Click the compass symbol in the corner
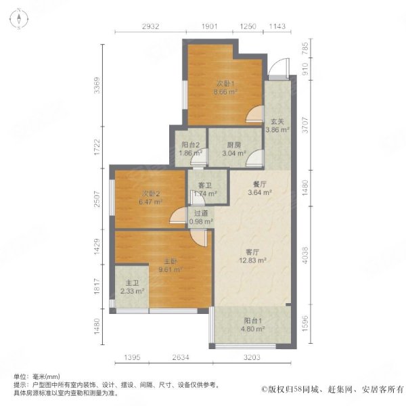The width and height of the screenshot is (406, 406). pyautogui.click(x=19, y=19)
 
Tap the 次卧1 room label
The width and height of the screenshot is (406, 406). pyautogui.click(x=225, y=84)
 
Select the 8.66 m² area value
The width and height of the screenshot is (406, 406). pyautogui.click(x=225, y=91)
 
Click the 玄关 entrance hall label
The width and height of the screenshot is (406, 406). pyautogui.click(x=277, y=121)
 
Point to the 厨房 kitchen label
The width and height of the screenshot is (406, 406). pyautogui.click(x=234, y=145)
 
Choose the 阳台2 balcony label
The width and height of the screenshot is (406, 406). pyautogui.click(x=190, y=145)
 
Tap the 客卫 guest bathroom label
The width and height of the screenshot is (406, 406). pyautogui.click(x=205, y=185)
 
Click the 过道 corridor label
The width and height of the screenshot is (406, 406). pyautogui.click(x=201, y=213)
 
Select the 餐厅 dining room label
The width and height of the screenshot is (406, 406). pyautogui.click(x=260, y=184)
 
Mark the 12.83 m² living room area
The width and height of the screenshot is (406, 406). pyautogui.click(x=252, y=261)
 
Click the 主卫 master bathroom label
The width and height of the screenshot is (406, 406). pyautogui.click(x=132, y=283)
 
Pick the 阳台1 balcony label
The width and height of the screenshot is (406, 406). pyautogui.click(x=252, y=321)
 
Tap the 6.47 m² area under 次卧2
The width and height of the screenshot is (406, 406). pyautogui.click(x=150, y=202)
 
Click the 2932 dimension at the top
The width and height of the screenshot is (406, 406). pyautogui.click(x=150, y=26)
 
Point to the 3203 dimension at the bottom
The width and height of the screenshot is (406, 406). pyautogui.click(x=252, y=357)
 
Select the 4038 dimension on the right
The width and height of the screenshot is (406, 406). pyautogui.click(x=305, y=255)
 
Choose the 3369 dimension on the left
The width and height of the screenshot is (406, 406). pyautogui.click(x=97, y=85)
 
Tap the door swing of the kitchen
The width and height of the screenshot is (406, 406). pyautogui.click(x=254, y=157)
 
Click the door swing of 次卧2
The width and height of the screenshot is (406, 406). pyautogui.click(x=178, y=215)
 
